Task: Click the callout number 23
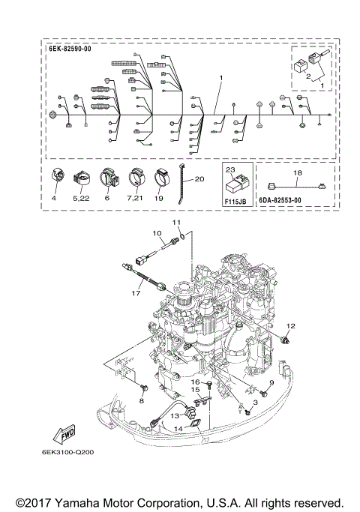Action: point(229,171)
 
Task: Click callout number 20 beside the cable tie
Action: point(199,179)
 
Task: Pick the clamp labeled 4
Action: point(57,180)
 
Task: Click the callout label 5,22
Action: point(82,199)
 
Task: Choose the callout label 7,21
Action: point(134,199)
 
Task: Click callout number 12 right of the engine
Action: point(290,325)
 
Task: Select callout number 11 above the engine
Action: point(177,223)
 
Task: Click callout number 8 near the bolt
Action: point(141,400)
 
